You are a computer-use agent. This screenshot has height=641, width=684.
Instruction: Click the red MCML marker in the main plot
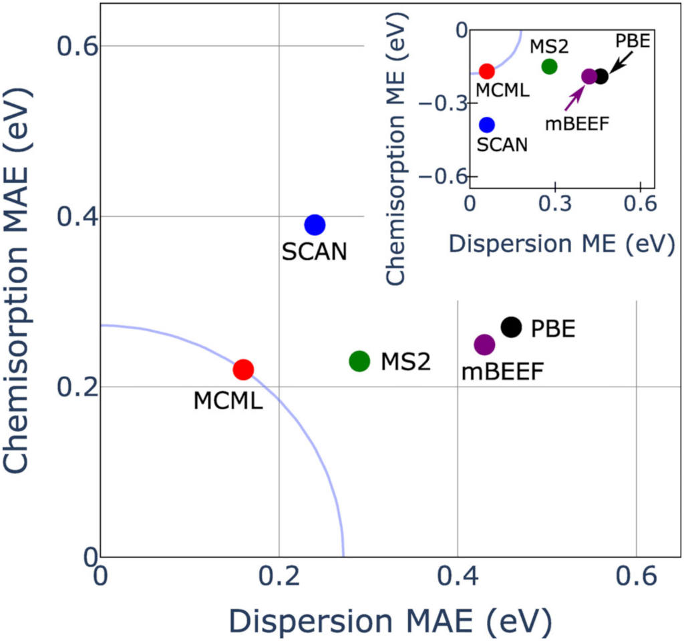pyautogui.click(x=243, y=369)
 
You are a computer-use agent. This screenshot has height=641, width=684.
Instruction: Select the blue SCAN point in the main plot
pyautogui.click(x=315, y=225)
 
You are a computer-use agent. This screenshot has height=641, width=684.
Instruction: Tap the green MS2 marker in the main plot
pyautogui.click(x=359, y=361)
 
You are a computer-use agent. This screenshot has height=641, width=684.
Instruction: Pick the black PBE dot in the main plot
pyautogui.click(x=511, y=327)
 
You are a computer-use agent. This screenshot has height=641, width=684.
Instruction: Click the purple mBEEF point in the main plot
pyautogui.click(x=484, y=345)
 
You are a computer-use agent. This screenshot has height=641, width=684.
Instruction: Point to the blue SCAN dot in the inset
pyautogui.click(x=487, y=124)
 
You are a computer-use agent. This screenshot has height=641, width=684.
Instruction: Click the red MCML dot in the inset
pyautogui.click(x=487, y=71)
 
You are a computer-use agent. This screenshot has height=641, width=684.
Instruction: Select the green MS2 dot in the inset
pyautogui.click(x=549, y=66)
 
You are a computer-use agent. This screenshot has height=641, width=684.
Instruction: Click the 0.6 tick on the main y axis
pyautogui.click(x=77, y=46)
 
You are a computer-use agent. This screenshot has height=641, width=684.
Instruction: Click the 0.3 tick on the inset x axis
pyautogui.click(x=555, y=206)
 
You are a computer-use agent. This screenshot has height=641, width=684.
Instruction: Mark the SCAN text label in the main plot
pyautogui.click(x=314, y=252)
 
